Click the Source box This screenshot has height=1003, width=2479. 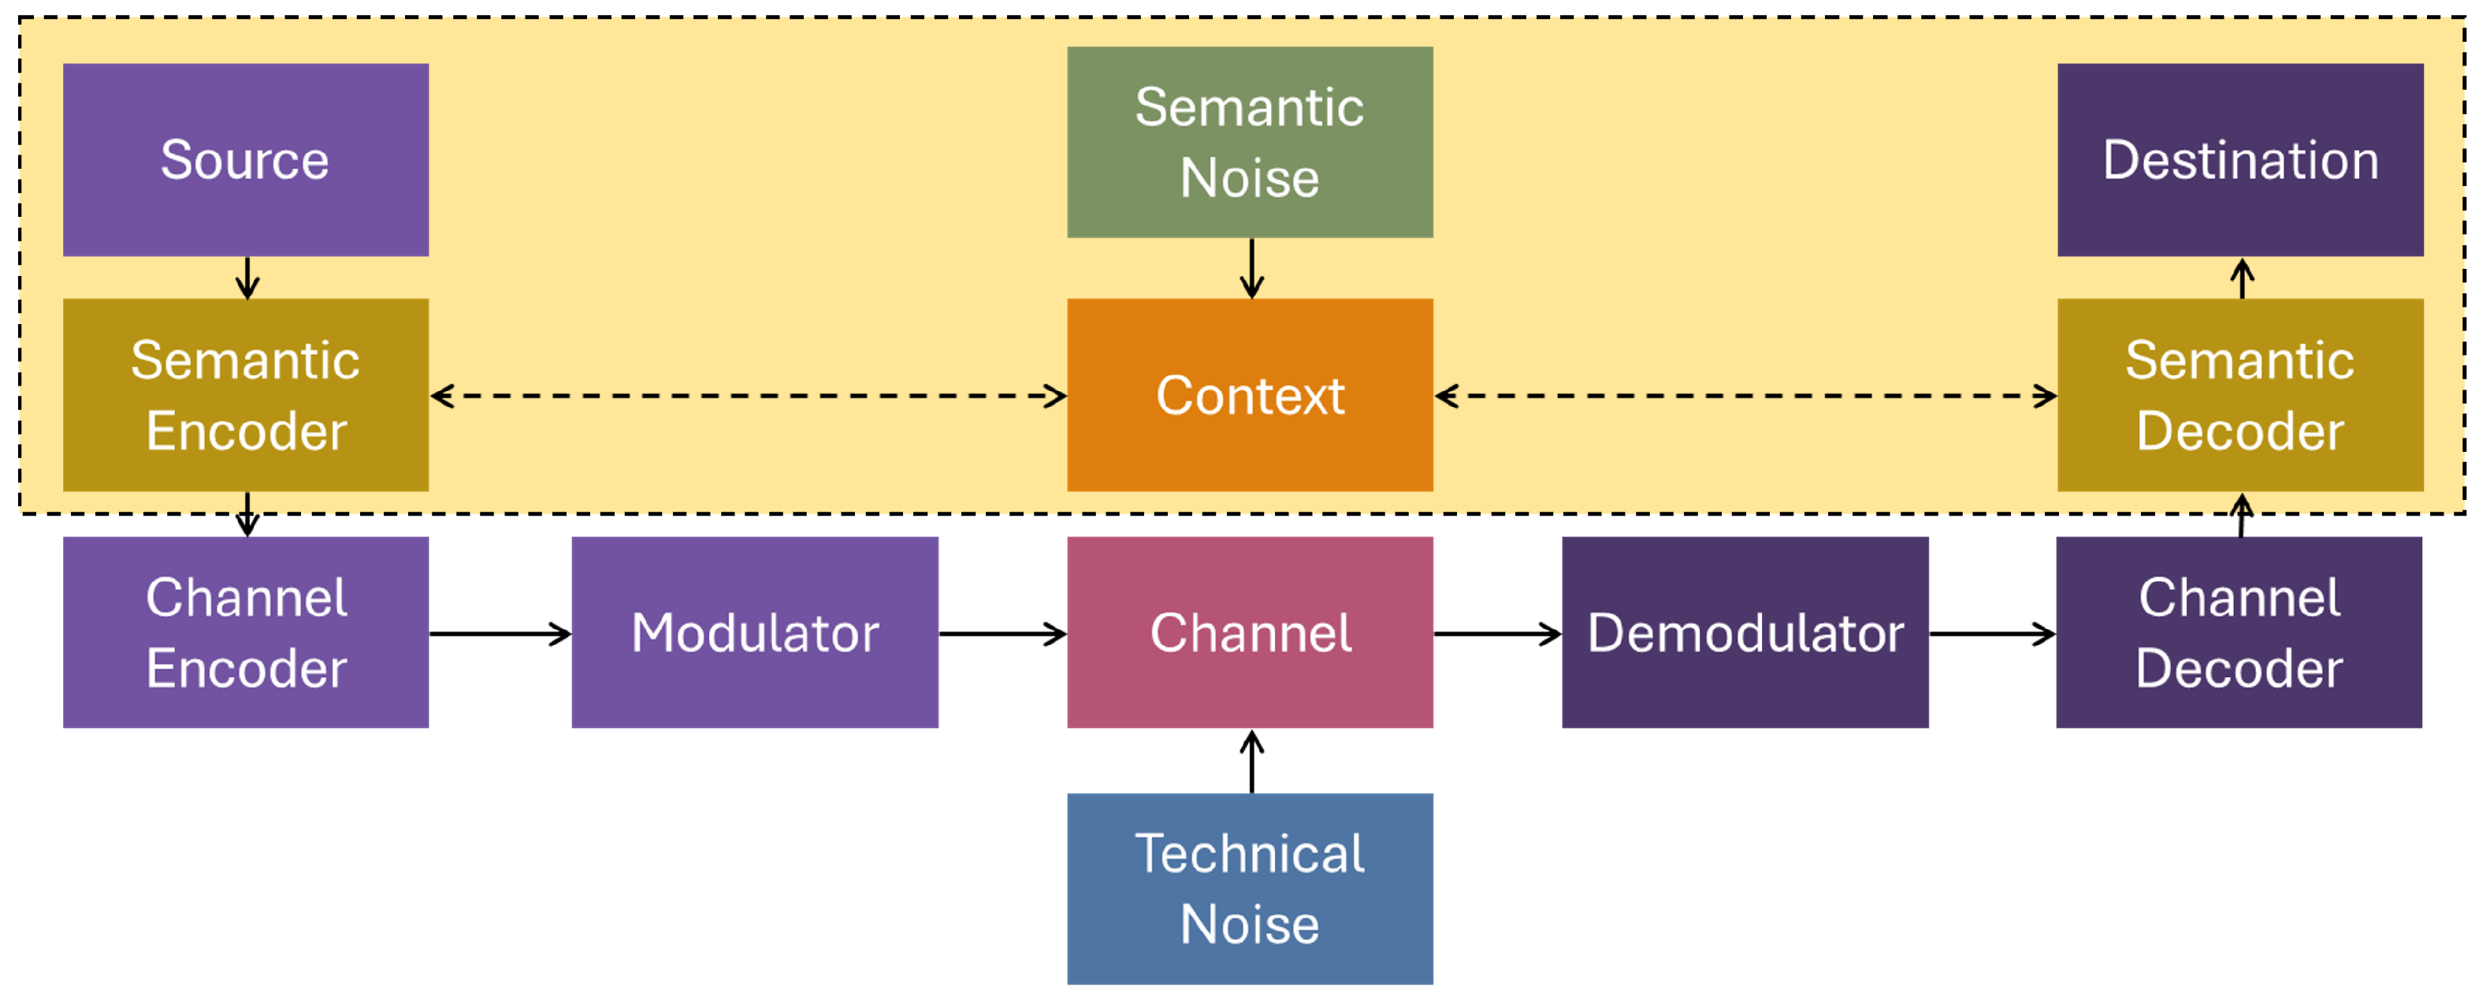(245, 160)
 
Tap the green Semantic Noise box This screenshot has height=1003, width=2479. (1249, 143)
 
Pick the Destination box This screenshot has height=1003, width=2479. (2239, 160)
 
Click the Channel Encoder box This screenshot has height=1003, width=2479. (245, 632)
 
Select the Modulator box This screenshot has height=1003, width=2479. (754, 632)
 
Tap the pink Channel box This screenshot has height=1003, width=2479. (1249, 632)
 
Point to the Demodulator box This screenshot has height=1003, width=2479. (1744, 632)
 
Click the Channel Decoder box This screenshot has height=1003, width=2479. (2239, 632)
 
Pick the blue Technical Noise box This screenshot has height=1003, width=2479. (1249, 888)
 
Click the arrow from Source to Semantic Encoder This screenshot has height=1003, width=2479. (247, 278)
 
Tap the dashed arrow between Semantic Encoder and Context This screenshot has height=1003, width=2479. (748, 396)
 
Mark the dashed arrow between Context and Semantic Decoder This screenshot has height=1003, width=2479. (1745, 396)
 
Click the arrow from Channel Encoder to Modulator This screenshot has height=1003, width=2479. (500, 633)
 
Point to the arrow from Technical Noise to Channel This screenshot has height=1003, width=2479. (1251, 762)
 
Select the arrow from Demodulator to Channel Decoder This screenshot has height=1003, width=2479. (1991, 633)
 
